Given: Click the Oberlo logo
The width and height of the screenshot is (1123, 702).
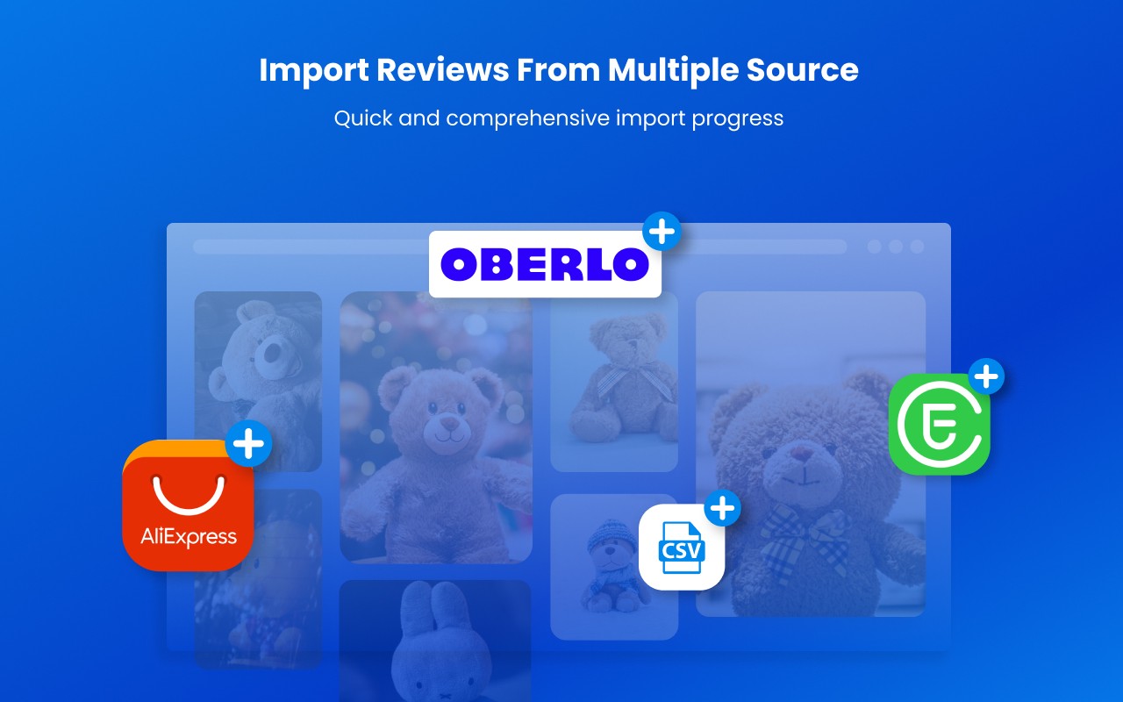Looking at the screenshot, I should [545, 264].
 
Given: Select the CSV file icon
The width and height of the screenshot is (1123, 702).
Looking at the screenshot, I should [681, 547].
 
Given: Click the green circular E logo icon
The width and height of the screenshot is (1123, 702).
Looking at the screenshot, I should [939, 424].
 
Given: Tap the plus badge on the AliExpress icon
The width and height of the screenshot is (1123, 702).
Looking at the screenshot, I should [249, 444].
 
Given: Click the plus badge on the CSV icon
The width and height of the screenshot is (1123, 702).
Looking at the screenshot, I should [721, 507].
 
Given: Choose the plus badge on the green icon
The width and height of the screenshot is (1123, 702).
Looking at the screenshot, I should [986, 377].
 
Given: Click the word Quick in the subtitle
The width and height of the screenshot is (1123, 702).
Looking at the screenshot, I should [362, 118].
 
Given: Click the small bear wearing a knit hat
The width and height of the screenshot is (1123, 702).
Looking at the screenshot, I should [612, 562].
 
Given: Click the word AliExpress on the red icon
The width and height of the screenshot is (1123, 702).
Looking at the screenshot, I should [189, 536].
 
